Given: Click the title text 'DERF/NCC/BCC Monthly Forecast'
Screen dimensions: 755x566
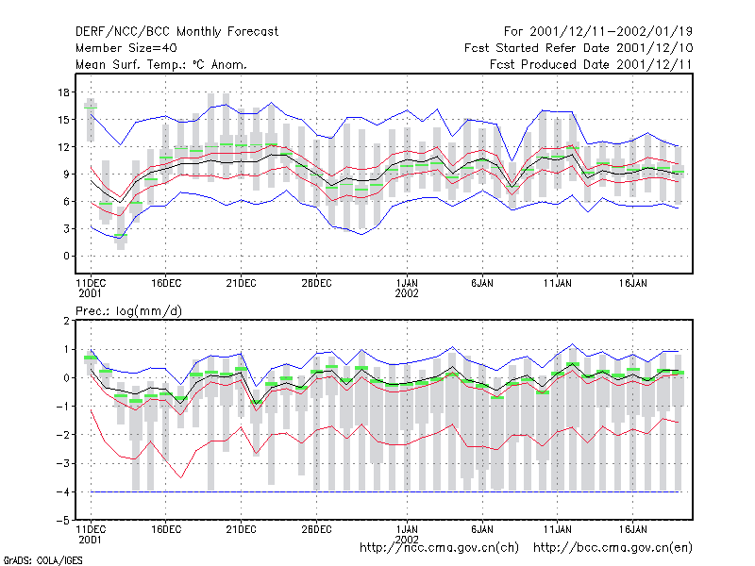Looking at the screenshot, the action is coord(176,32).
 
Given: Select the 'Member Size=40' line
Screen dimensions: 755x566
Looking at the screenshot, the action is coord(126,48).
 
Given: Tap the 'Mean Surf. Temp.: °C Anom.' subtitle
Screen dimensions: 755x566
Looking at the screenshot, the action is coord(161,64).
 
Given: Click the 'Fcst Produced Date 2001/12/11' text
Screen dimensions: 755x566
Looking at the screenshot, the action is coord(591,64).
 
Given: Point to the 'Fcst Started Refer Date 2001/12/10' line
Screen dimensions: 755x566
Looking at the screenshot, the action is coord(579,48).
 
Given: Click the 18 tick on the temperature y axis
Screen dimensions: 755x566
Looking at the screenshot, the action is coord(63,92).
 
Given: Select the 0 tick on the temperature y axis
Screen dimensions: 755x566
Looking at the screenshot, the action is coord(66,256).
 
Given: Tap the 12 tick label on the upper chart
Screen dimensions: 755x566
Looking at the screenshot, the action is coord(63,147).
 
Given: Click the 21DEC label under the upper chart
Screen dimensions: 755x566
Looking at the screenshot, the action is coord(241,284).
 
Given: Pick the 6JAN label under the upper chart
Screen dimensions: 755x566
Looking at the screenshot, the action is coord(482,284).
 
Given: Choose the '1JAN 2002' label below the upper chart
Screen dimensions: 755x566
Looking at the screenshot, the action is coord(407,289).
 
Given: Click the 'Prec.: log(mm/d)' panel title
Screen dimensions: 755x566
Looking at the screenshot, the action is coord(128,311).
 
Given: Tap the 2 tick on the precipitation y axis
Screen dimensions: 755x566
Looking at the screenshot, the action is coord(66,321).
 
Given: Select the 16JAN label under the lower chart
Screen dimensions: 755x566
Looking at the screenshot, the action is coord(632,529).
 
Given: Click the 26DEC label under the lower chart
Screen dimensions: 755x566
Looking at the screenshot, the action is coord(316,529).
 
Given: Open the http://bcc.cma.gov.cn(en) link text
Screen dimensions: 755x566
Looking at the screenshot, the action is coord(612,548).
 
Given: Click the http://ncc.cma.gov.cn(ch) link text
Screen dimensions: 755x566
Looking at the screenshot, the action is coord(439,548).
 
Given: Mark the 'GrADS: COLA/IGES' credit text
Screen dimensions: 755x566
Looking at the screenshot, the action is coord(42,560).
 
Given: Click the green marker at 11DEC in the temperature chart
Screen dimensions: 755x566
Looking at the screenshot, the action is coord(91,107).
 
